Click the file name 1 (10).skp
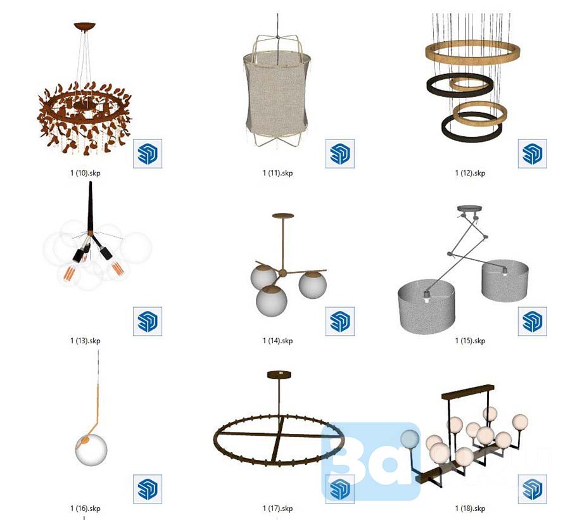click(x=85, y=173)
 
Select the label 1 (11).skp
click(x=277, y=173)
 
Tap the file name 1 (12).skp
click(x=470, y=173)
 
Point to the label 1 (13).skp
click(x=85, y=341)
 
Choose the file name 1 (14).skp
click(x=277, y=341)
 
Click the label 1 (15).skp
click(x=470, y=341)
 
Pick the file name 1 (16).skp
click(x=85, y=509)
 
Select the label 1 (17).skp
click(x=277, y=509)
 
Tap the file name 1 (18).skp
click(x=470, y=509)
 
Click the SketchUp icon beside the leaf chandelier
click(x=147, y=153)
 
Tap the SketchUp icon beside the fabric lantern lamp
click(x=339, y=153)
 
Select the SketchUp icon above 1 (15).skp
click(x=532, y=321)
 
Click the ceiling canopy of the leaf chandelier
click(x=85, y=27)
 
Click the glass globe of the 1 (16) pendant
click(x=91, y=450)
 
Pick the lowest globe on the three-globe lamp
click(x=272, y=300)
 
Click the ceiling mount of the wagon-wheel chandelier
click(x=279, y=374)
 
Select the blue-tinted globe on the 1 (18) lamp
click(x=410, y=439)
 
